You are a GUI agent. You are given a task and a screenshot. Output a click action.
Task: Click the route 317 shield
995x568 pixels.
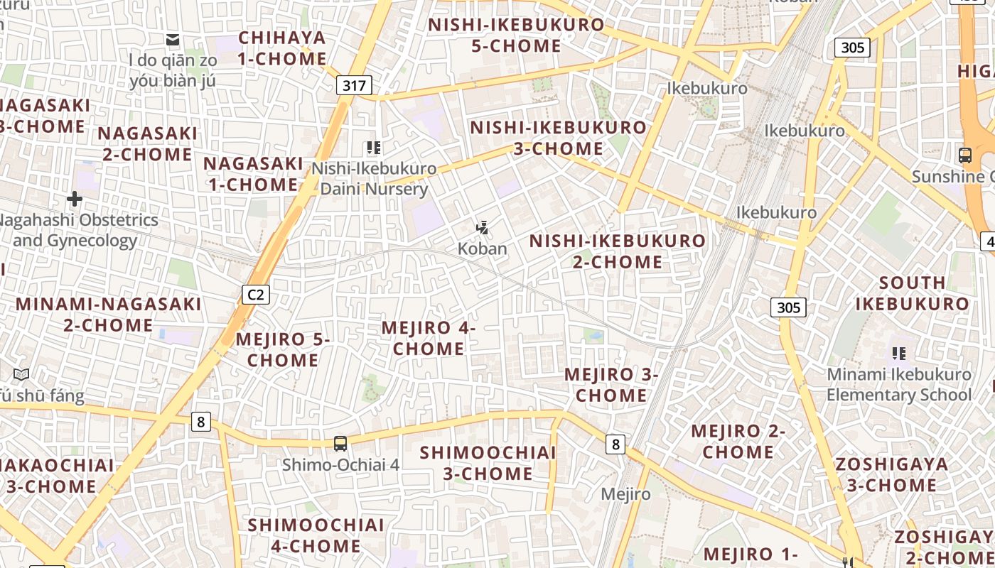tap(354, 87)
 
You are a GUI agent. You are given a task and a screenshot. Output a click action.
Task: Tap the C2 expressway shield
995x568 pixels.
tap(256, 294)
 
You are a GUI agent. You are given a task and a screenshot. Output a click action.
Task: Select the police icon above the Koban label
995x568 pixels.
tap(483, 228)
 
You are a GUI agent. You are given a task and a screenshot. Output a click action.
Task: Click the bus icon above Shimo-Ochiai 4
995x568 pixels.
tap(340, 444)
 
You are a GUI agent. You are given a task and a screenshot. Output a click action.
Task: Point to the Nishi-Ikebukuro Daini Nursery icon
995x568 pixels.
tap(374, 148)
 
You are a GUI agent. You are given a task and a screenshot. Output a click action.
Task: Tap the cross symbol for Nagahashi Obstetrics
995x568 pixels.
tap(74, 199)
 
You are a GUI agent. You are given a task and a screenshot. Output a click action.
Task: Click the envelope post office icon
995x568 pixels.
tap(173, 39)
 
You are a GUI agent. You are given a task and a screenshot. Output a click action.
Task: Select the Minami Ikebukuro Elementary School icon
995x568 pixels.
tap(898, 353)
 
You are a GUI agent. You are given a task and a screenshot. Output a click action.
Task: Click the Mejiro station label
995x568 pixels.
tap(625, 494)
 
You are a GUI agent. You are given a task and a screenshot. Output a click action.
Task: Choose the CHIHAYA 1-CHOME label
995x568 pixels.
tap(282, 48)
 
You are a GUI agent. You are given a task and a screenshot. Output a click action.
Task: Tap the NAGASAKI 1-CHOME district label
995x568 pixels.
tap(252, 174)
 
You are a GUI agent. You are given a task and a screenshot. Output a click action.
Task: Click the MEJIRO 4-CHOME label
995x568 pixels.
tap(429, 338)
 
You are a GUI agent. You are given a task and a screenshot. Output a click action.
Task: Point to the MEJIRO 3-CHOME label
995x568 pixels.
tap(611, 385)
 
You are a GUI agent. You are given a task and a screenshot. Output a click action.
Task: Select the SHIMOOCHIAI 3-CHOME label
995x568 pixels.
tap(488, 463)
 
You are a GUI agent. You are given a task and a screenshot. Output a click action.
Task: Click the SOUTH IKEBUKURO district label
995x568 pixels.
tap(912, 293)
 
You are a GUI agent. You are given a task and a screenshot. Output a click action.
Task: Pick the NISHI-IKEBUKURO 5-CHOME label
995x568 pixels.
tap(516, 35)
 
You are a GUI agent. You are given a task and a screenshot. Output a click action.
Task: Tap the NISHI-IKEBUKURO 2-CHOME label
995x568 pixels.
tap(618, 251)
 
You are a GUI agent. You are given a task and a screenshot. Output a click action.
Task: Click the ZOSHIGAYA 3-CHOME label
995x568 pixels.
tap(891, 475)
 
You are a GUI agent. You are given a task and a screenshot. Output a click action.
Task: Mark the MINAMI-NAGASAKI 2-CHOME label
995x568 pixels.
tap(108, 315)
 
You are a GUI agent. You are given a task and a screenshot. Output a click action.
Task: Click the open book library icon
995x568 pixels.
tap(21, 374)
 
